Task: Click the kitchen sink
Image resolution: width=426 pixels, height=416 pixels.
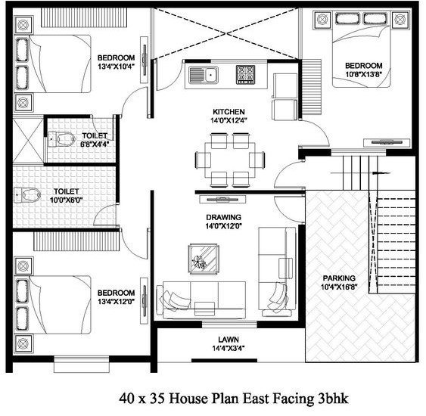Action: (204, 75)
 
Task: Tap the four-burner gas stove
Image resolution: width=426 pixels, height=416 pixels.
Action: (245, 74)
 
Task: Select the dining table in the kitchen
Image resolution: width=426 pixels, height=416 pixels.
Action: (230, 160)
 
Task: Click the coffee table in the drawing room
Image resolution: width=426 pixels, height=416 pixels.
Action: (204, 259)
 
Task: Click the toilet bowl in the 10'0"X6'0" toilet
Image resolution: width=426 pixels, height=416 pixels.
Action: (28, 195)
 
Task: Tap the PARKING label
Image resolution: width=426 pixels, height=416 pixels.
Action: (339, 278)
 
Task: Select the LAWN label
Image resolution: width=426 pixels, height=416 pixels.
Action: (229, 340)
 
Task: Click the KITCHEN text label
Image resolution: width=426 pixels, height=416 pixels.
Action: (229, 112)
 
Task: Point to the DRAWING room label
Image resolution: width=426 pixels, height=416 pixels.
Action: (224, 217)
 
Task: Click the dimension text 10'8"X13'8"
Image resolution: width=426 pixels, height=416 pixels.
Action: (364, 74)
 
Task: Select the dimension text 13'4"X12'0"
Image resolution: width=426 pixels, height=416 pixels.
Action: (117, 302)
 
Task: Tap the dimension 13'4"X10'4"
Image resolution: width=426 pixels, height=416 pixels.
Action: (117, 67)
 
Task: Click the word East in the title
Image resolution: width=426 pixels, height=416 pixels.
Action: (256, 399)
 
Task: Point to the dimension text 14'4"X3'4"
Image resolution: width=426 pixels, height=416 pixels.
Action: (229, 348)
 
